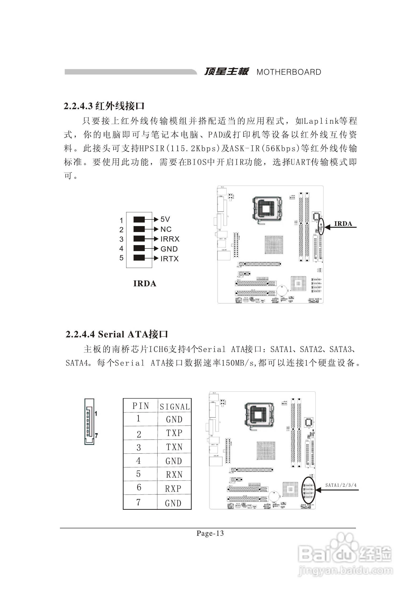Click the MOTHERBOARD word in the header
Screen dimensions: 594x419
point(289,72)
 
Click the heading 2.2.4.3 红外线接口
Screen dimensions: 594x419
point(104,106)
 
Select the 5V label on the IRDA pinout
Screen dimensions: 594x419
point(165,219)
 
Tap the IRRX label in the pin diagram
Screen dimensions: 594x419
point(170,239)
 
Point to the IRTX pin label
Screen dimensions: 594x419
point(170,258)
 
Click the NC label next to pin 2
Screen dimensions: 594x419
point(166,229)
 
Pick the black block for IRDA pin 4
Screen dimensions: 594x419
point(139,248)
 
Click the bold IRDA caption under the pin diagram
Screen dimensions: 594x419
point(145,283)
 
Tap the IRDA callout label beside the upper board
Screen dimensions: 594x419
point(343,224)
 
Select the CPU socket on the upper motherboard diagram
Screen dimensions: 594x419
point(267,209)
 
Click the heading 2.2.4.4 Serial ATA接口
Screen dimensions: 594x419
point(117,334)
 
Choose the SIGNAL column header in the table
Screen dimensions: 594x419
point(175,407)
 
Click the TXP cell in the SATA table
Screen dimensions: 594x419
point(174,433)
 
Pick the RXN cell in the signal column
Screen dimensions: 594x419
point(174,475)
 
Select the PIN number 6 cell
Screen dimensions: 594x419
point(139,487)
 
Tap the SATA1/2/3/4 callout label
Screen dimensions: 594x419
point(341,485)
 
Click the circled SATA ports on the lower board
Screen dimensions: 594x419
point(308,490)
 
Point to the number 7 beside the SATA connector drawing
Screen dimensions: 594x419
point(96,436)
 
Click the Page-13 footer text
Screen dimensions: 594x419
point(210,533)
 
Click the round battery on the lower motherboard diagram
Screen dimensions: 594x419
point(274,496)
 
